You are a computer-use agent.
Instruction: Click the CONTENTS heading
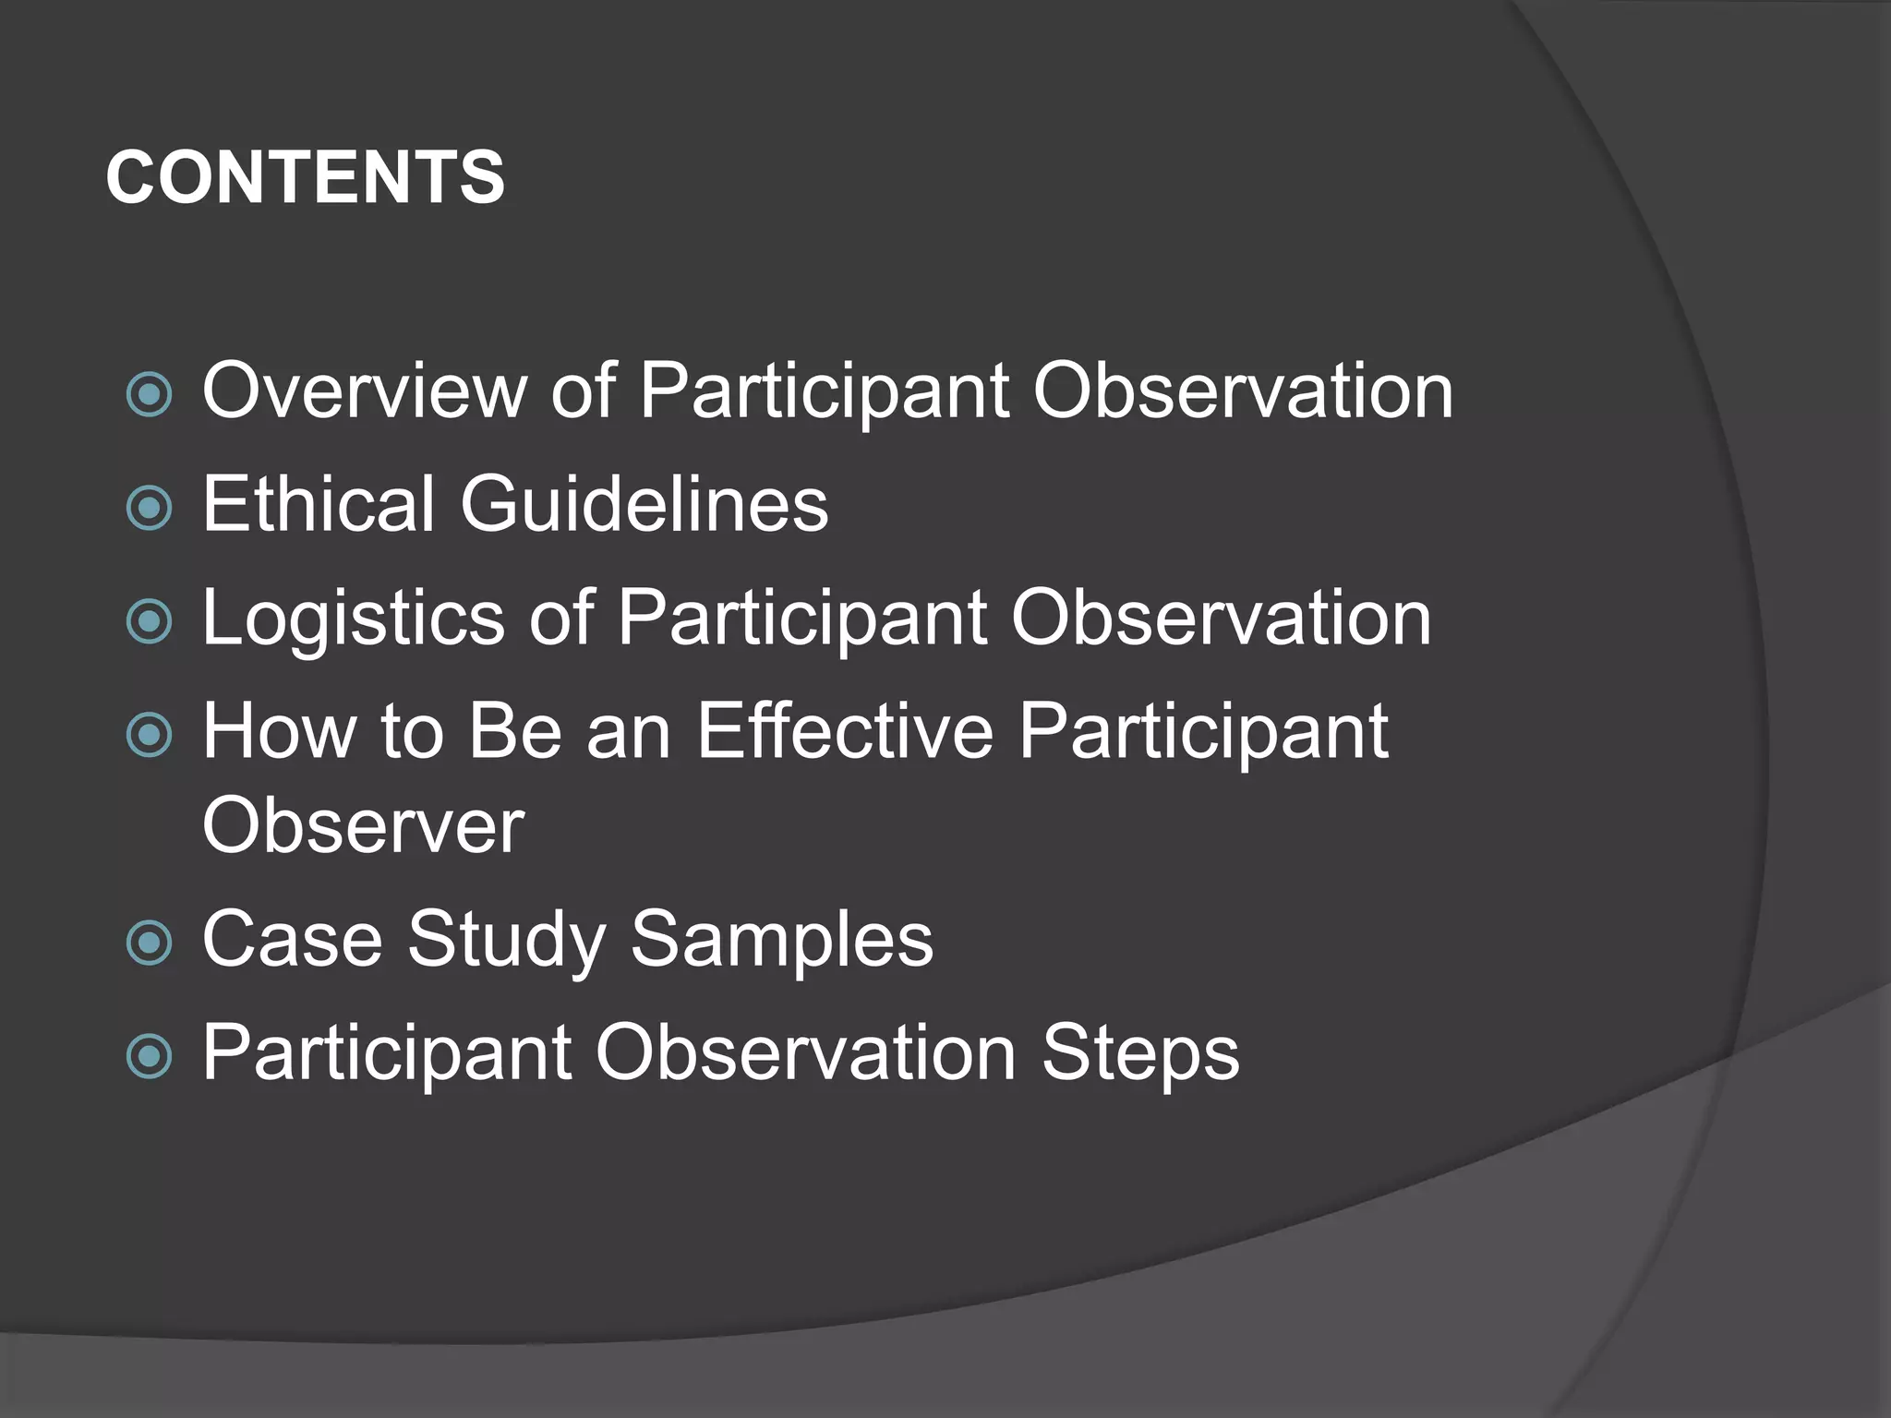point(305,177)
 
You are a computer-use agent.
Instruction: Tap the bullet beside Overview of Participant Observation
point(149,394)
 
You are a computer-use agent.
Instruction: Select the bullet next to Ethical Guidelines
point(149,508)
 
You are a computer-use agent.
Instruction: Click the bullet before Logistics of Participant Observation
point(149,621)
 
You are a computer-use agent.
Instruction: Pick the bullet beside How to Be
point(149,735)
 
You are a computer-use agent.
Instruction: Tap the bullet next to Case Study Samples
point(149,943)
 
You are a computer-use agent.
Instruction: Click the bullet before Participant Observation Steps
point(149,1056)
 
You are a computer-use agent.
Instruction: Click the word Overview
point(364,391)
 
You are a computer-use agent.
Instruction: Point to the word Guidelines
point(644,504)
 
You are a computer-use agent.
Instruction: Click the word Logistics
point(353,619)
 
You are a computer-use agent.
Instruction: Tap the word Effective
point(845,731)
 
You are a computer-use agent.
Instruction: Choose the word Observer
point(363,825)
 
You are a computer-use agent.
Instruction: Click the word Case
point(292,939)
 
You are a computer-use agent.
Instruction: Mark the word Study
point(505,941)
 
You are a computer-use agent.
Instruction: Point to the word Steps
point(1140,1054)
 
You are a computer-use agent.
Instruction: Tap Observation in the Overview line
point(1243,391)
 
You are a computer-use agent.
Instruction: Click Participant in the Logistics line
point(801,619)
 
